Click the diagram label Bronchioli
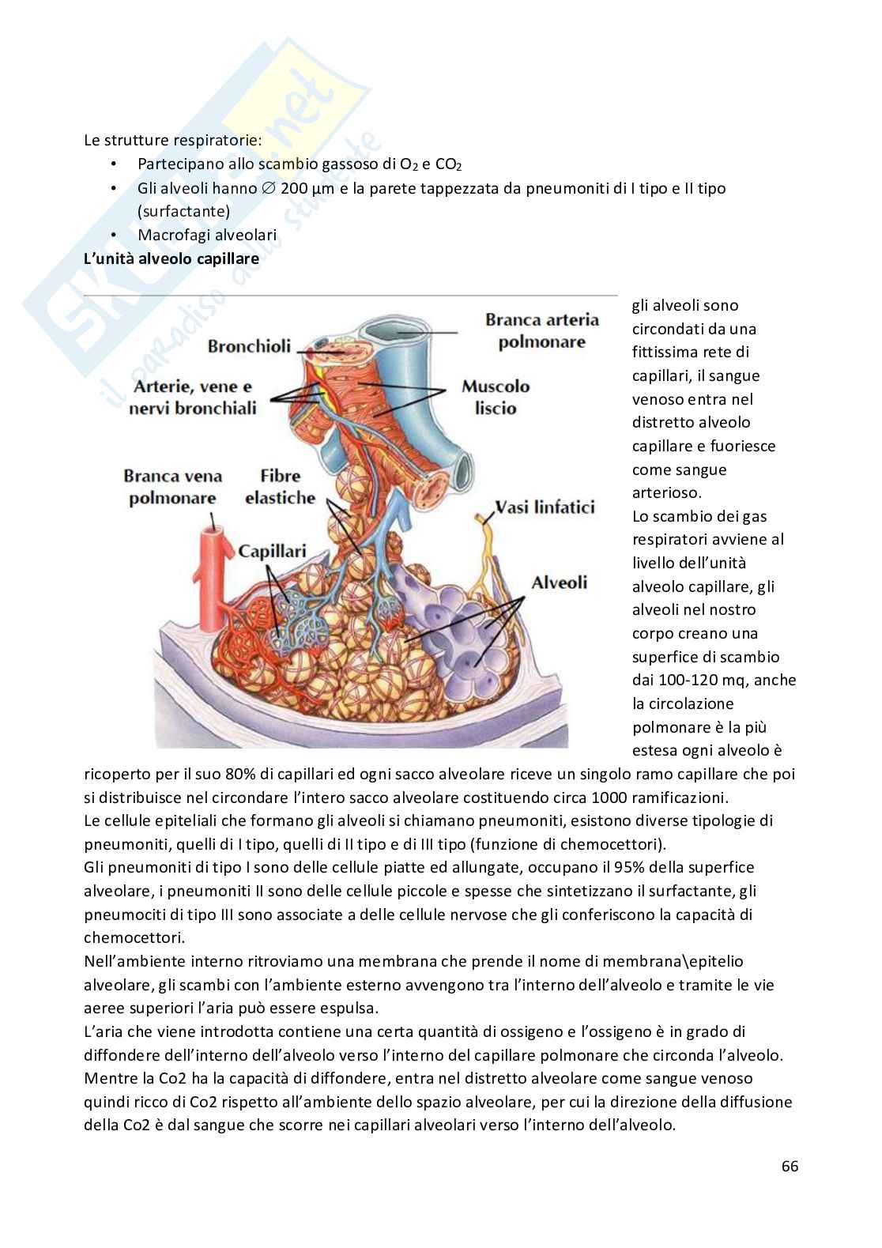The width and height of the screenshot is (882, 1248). (x=249, y=346)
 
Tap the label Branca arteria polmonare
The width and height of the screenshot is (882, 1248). (x=541, y=330)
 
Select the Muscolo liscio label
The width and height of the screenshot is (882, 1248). (x=496, y=398)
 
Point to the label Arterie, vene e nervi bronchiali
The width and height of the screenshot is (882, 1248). (x=194, y=398)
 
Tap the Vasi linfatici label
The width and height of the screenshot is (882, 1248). (x=545, y=507)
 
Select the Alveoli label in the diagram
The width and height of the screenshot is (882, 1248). (x=559, y=583)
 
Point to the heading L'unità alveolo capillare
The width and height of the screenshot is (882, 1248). (x=171, y=258)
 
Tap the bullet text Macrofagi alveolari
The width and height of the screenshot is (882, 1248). (x=206, y=235)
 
